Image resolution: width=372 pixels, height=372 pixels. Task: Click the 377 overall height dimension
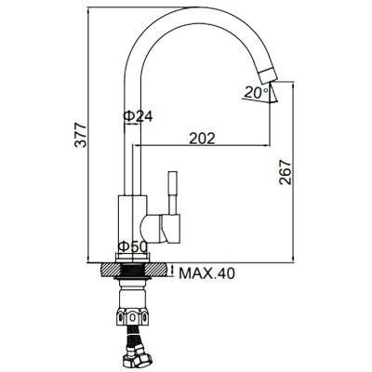point(81,135)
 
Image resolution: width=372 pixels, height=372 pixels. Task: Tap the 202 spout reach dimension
point(202,139)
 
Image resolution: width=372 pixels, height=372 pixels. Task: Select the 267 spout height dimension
point(286,172)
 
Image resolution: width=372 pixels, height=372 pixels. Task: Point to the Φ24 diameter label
point(138,116)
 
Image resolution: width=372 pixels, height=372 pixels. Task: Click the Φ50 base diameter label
point(132,246)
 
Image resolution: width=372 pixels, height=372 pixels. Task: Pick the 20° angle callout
point(257,92)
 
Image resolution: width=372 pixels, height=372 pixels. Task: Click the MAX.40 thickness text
point(207,273)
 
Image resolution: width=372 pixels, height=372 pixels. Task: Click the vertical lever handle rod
point(173,193)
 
